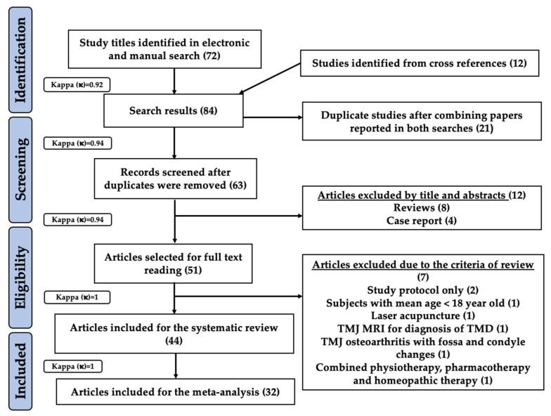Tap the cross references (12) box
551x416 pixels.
pos(419,65)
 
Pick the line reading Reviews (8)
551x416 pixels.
pos(419,207)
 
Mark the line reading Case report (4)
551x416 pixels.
pos(419,219)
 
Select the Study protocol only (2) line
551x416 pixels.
pos(419,290)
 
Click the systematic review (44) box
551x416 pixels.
pos(172,333)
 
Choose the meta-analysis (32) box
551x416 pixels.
pos(172,391)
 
